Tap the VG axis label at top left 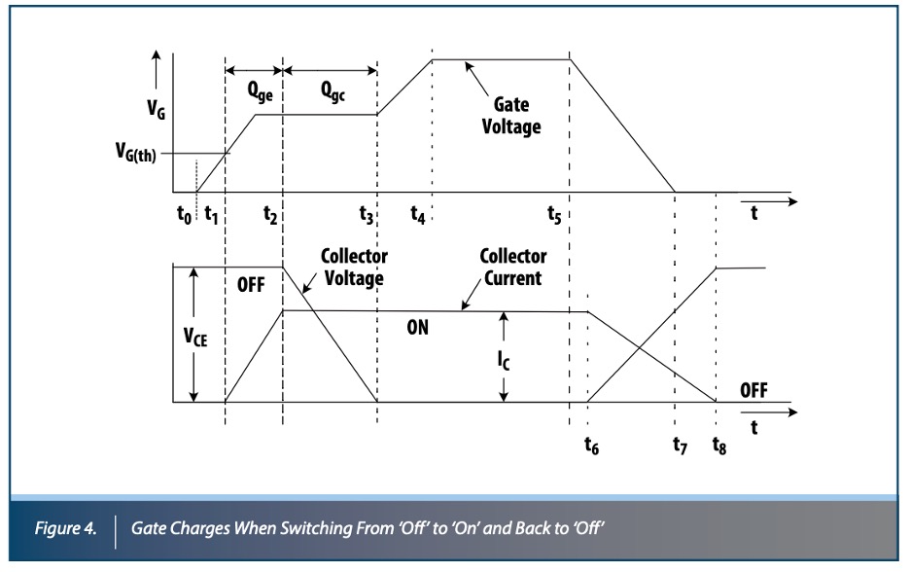(156, 109)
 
